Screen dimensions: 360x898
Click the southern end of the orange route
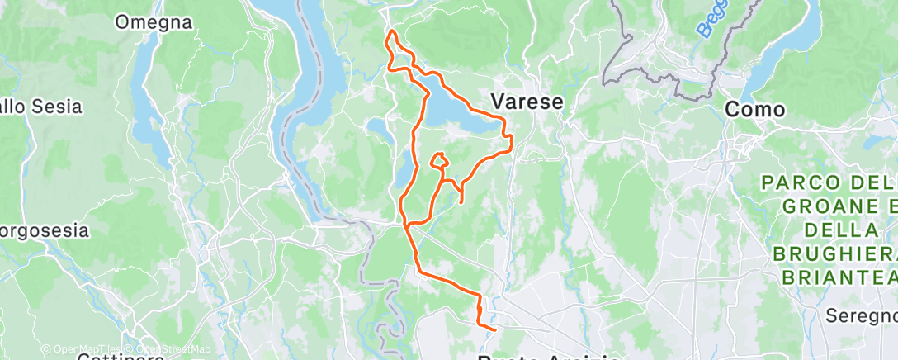tap(494, 329)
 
